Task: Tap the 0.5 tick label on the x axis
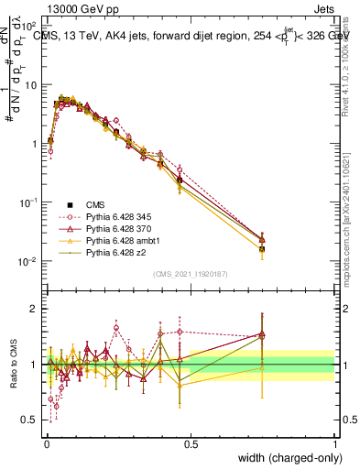click(x=191, y=444)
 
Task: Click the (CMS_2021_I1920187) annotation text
click(x=191, y=275)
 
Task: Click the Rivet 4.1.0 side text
click(x=351, y=60)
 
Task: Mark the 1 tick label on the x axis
click(x=335, y=444)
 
